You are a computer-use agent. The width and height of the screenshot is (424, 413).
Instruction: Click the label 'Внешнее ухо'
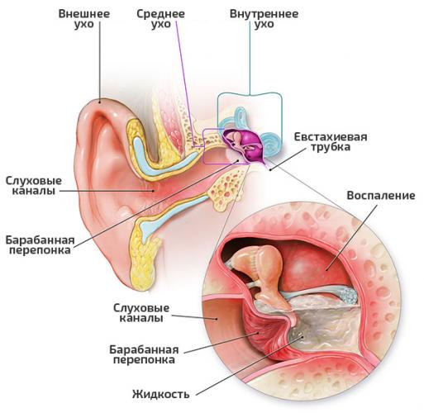pyautogui.click(x=84, y=19)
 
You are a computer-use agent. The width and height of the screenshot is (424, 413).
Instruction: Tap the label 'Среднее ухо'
pyautogui.click(x=160, y=19)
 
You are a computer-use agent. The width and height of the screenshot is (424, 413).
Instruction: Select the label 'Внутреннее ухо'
pyautogui.click(x=264, y=19)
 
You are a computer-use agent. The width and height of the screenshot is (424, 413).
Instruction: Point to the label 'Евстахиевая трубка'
pyautogui.click(x=331, y=141)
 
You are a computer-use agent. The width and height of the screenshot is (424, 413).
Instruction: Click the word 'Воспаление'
pyautogui.click(x=381, y=195)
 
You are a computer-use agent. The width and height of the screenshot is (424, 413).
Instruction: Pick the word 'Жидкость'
pyautogui.click(x=161, y=394)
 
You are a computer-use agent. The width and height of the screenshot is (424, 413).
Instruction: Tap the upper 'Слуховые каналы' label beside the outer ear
pyautogui.click(x=34, y=186)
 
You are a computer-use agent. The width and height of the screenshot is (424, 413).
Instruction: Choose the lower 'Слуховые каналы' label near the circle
pyautogui.click(x=141, y=313)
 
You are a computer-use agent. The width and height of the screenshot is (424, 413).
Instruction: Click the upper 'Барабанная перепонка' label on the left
pyautogui.click(x=40, y=244)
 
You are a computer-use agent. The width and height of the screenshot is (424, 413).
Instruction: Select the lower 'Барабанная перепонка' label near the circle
pyautogui.click(x=144, y=354)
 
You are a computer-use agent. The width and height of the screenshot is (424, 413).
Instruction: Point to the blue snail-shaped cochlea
pyautogui.click(x=271, y=145)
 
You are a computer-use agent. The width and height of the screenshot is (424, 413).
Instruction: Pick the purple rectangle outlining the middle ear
pyautogui.click(x=204, y=146)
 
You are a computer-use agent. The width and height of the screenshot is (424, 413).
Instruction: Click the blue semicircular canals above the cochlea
pyautogui.click(x=238, y=117)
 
